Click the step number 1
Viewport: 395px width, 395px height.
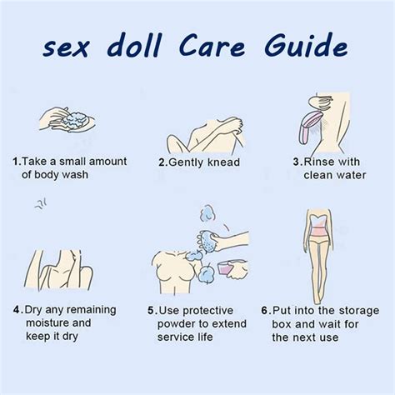point(16,161)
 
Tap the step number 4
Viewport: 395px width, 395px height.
point(16,308)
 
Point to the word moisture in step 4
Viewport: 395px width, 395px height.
point(47,322)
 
